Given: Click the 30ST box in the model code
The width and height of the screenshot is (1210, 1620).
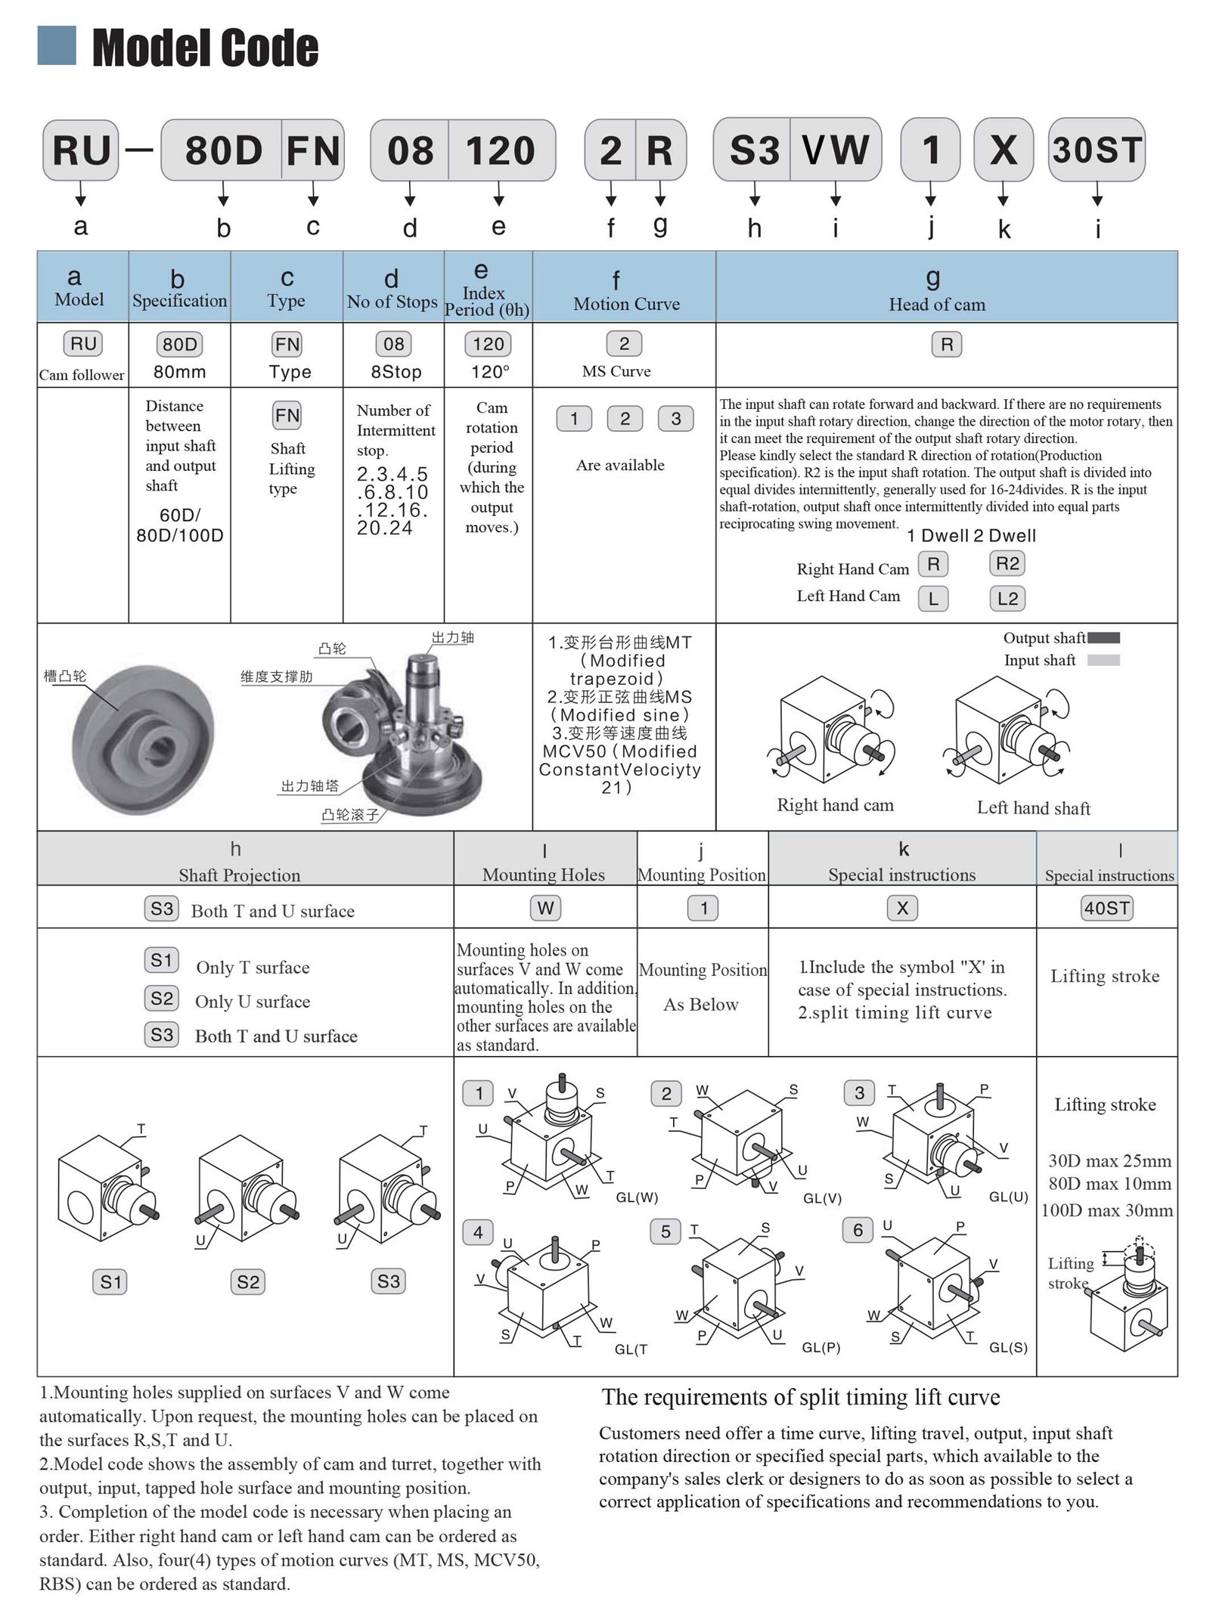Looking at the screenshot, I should (x=1096, y=150).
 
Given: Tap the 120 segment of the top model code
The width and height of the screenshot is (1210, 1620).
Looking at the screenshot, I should (x=501, y=150).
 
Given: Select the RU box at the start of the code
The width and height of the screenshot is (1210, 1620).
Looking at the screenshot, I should (x=81, y=150).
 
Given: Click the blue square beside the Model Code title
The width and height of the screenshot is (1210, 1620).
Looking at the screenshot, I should (x=57, y=45).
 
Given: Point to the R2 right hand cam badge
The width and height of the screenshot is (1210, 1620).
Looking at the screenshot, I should (x=1007, y=563).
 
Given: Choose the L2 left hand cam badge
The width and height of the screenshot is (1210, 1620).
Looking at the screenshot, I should (x=1007, y=599).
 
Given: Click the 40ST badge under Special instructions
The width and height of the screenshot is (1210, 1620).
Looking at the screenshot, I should (x=1106, y=908).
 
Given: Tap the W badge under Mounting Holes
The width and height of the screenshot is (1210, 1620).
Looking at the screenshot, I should (x=545, y=908).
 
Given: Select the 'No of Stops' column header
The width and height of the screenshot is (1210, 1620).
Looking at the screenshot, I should (x=392, y=302).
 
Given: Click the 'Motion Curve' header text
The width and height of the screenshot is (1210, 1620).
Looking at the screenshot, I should (x=626, y=304).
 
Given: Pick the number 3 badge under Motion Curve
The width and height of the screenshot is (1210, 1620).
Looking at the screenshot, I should (x=675, y=419).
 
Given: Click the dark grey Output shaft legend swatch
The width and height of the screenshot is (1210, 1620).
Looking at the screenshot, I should (x=1103, y=638).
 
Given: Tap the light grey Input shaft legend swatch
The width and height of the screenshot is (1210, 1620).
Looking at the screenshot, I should (x=1103, y=660).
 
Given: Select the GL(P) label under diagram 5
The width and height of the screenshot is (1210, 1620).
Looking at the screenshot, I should (x=821, y=1347).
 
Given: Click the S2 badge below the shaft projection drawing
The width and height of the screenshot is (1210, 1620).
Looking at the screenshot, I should (x=248, y=1281).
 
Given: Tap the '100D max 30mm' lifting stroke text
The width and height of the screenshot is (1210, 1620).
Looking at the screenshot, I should (x=1106, y=1210).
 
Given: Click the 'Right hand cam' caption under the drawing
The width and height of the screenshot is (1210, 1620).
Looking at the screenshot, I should (x=835, y=805).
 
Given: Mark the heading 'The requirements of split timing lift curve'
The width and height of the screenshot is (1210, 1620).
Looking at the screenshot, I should (x=801, y=1397).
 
